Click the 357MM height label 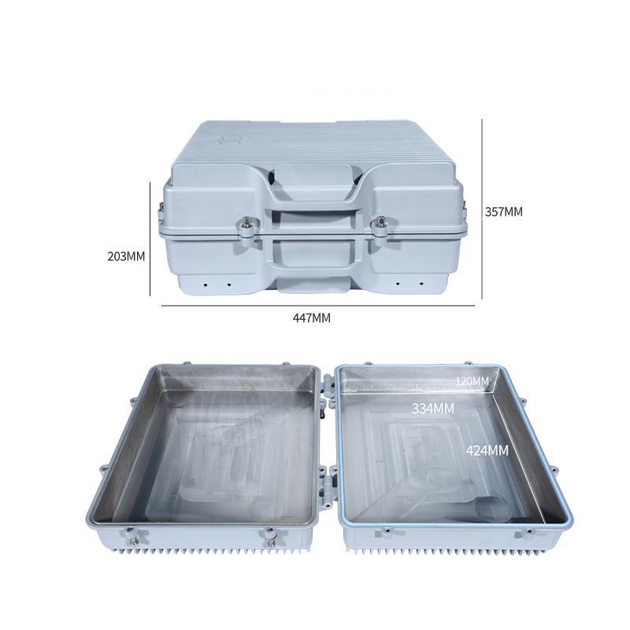[503, 212]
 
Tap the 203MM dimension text [127, 256]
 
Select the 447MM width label [311, 317]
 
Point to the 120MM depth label [472, 381]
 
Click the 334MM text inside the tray [433, 409]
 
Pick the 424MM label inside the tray [487, 450]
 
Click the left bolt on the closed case [247, 225]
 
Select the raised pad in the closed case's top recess [313, 182]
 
